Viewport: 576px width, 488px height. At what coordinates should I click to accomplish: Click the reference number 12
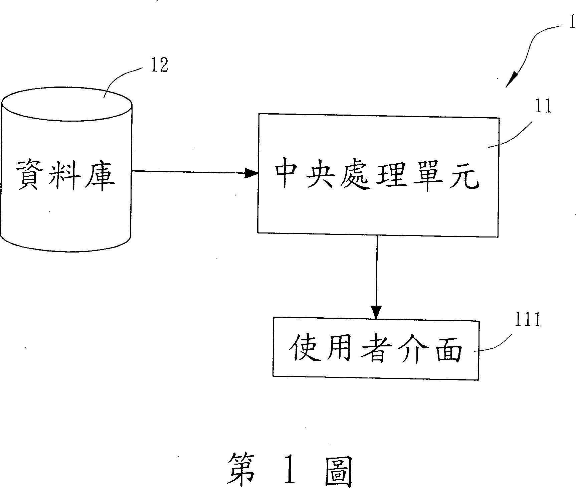tap(159, 65)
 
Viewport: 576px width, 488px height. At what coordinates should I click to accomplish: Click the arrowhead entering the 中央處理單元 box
tap(251, 173)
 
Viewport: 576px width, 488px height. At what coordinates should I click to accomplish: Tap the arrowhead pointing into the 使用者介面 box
tap(376, 312)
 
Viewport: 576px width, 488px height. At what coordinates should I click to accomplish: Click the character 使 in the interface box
tap(302, 349)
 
